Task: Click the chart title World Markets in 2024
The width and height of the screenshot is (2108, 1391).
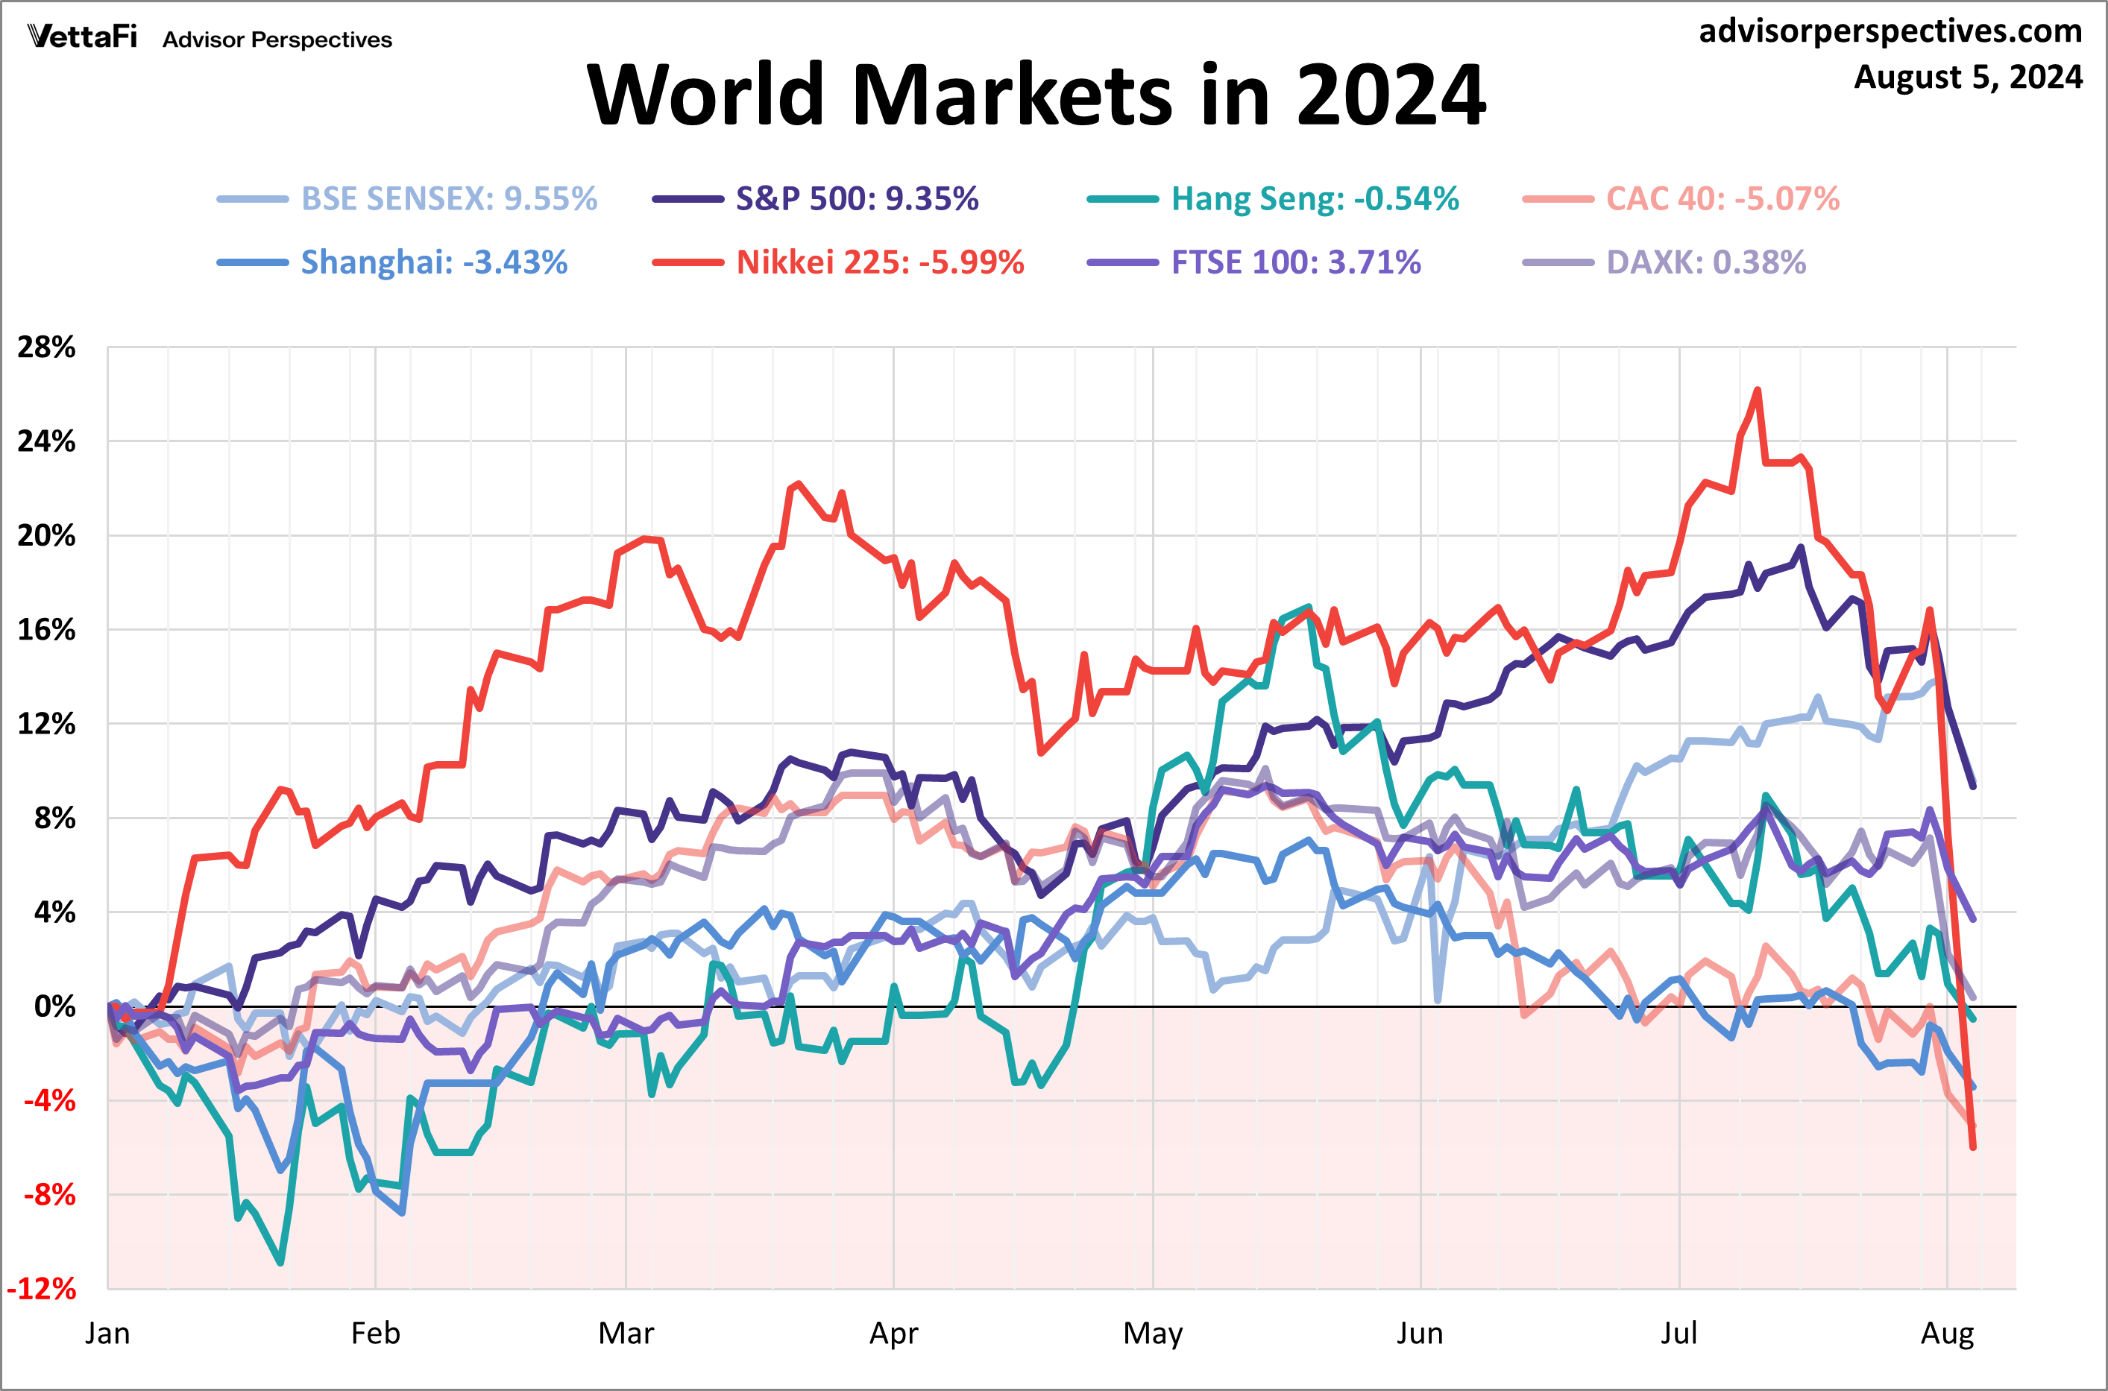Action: coord(1036,95)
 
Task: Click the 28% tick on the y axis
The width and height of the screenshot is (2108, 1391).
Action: coord(46,347)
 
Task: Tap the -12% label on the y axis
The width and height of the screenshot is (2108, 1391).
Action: coord(42,1289)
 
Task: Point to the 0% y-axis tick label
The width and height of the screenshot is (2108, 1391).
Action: coord(55,1007)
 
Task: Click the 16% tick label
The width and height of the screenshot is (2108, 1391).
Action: coord(46,630)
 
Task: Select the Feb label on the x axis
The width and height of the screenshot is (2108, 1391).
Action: coord(375,1334)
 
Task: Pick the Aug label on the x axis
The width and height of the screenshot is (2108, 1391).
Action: coord(1948,1334)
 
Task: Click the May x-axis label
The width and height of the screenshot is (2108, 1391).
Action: coord(1153,1334)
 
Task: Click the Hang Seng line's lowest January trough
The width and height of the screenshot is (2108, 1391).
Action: coord(280,1262)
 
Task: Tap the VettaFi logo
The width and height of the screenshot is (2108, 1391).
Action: coord(83,37)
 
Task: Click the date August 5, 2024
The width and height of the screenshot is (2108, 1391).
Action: coord(1968,78)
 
